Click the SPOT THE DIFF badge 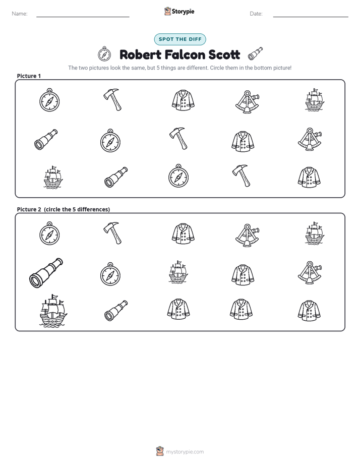coord(180,39)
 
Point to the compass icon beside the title coord(104,54)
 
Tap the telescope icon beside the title coord(256,54)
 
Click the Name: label coord(20,14)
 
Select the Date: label coord(256,14)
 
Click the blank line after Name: coord(83,17)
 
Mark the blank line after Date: coord(311,17)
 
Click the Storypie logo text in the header coord(183,12)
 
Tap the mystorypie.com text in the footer coord(185,452)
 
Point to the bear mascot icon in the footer coord(160,451)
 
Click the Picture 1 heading coord(29,76)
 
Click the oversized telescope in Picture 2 coord(46,272)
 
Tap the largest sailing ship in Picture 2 coord(53,311)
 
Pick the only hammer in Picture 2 coord(112,233)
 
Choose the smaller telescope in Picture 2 coord(116,311)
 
